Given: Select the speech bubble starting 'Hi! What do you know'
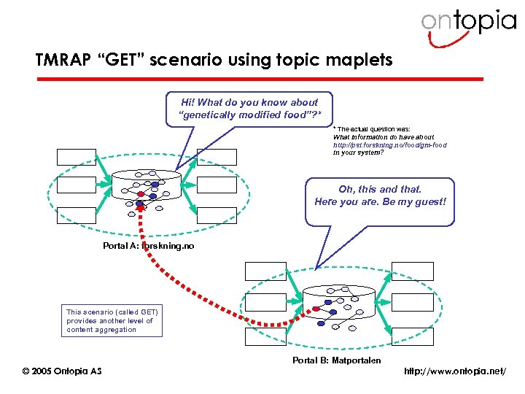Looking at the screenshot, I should pos(248,109).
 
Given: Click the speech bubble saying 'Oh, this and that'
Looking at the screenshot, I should pos(379,195).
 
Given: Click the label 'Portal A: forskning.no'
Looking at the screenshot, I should pos(149,247).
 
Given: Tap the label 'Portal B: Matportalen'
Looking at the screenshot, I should pos(336,360).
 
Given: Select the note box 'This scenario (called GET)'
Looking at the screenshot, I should pos(112,320).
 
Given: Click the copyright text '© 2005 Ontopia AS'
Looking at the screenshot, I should pos(62,371).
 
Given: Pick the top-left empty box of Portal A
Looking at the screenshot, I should pos(77,157).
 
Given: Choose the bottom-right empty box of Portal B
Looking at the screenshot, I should pos(413,336).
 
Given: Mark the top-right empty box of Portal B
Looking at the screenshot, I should pos(413,271).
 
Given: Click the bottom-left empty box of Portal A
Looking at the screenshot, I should pos(77,215).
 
